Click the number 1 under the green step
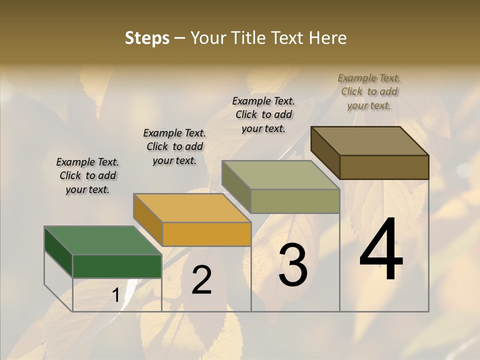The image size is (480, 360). pyautogui.click(x=115, y=296)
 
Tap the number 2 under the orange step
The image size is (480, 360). pyautogui.click(x=201, y=280)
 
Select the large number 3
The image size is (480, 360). pyautogui.click(x=293, y=265)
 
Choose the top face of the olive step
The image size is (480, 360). pyautogui.click(x=280, y=175)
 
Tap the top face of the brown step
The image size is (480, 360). pyautogui.click(x=369, y=141)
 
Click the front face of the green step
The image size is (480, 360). pyautogui.click(x=117, y=266)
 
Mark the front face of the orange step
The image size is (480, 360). pyautogui.click(x=206, y=234)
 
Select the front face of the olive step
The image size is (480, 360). pyautogui.click(x=295, y=201)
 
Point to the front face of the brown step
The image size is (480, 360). pyautogui.click(x=384, y=167)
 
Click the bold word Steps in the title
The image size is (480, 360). pyautogui.click(x=147, y=38)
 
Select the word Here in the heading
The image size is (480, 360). pyautogui.click(x=328, y=38)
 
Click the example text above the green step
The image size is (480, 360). pyautogui.click(x=87, y=175)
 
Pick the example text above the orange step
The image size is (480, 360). pyautogui.click(x=174, y=146)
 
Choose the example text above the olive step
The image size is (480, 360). pyautogui.click(x=263, y=114)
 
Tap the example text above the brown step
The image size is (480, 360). pyautogui.click(x=369, y=91)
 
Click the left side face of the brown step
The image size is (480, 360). pyautogui.click(x=325, y=153)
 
